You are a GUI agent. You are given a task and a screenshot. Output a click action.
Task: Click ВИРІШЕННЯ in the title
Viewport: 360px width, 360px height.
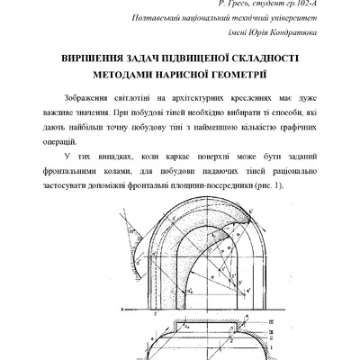pyautogui.click(x=94, y=57)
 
